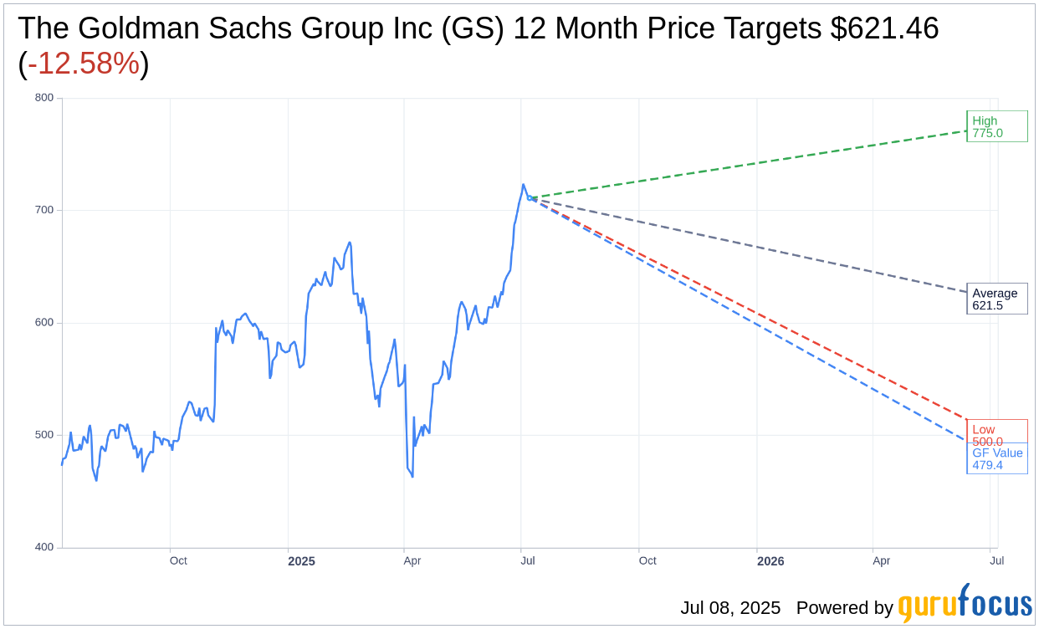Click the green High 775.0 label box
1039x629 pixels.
click(x=996, y=126)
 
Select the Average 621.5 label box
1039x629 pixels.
click(x=996, y=299)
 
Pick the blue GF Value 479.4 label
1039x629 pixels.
click(x=997, y=458)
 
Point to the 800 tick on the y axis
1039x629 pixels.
click(x=44, y=98)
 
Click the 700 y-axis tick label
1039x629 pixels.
click(x=44, y=210)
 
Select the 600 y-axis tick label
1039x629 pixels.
click(x=44, y=323)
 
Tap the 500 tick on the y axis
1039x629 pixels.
click(x=44, y=435)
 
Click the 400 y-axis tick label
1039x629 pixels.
click(x=44, y=547)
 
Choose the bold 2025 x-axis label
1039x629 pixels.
click(x=301, y=561)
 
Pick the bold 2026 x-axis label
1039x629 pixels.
click(x=770, y=561)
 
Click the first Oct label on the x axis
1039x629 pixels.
click(x=178, y=560)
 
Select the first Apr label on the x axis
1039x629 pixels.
click(x=412, y=560)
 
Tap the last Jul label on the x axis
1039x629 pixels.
click(x=996, y=560)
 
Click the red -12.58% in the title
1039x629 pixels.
click(x=84, y=64)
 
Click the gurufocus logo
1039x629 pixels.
click(x=965, y=603)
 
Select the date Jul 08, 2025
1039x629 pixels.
click(x=729, y=608)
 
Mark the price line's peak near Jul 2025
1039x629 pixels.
click(x=523, y=185)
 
